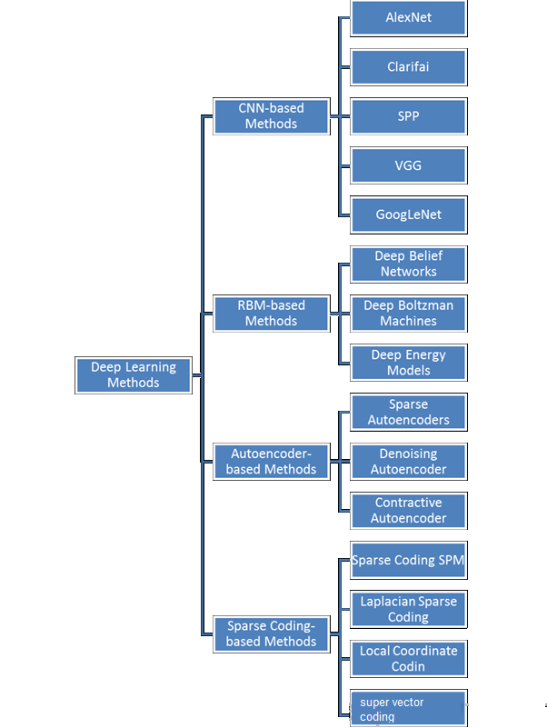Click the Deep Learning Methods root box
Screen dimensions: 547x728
pyautogui.click(x=134, y=375)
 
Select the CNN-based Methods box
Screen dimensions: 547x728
pyautogui.click(x=271, y=116)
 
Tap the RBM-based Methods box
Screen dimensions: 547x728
pyautogui.click(x=271, y=314)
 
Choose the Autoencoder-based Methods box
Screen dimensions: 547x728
pyautogui.click(x=271, y=462)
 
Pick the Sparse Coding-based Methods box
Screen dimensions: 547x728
pyautogui.click(x=271, y=634)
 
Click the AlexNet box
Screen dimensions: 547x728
pyautogui.click(x=409, y=17)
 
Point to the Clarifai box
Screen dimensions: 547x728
pyautogui.click(x=409, y=67)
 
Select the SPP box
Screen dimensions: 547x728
pyautogui.click(x=409, y=116)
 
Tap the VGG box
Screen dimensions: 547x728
pyautogui.click(x=409, y=165)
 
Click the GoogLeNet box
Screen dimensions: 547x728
pyautogui.click(x=409, y=215)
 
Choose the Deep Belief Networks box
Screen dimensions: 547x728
pyautogui.click(x=409, y=264)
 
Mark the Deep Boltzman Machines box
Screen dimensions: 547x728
pyautogui.click(x=409, y=314)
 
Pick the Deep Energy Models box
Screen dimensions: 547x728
pyautogui.click(x=409, y=363)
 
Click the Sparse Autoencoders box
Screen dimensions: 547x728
pyautogui.click(x=409, y=413)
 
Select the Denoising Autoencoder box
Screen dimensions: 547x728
pyautogui.click(x=409, y=462)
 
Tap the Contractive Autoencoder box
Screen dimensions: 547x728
pyautogui.click(x=409, y=511)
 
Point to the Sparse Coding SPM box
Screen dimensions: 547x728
pyautogui.click(x=409, y=561)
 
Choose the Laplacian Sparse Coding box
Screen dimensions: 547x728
pyautogui.click(x=409, y=610)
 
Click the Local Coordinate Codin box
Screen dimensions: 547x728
pyautogui.click(x=409, y=659)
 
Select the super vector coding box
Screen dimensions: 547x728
pyautogui.click(x=409, y=709)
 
